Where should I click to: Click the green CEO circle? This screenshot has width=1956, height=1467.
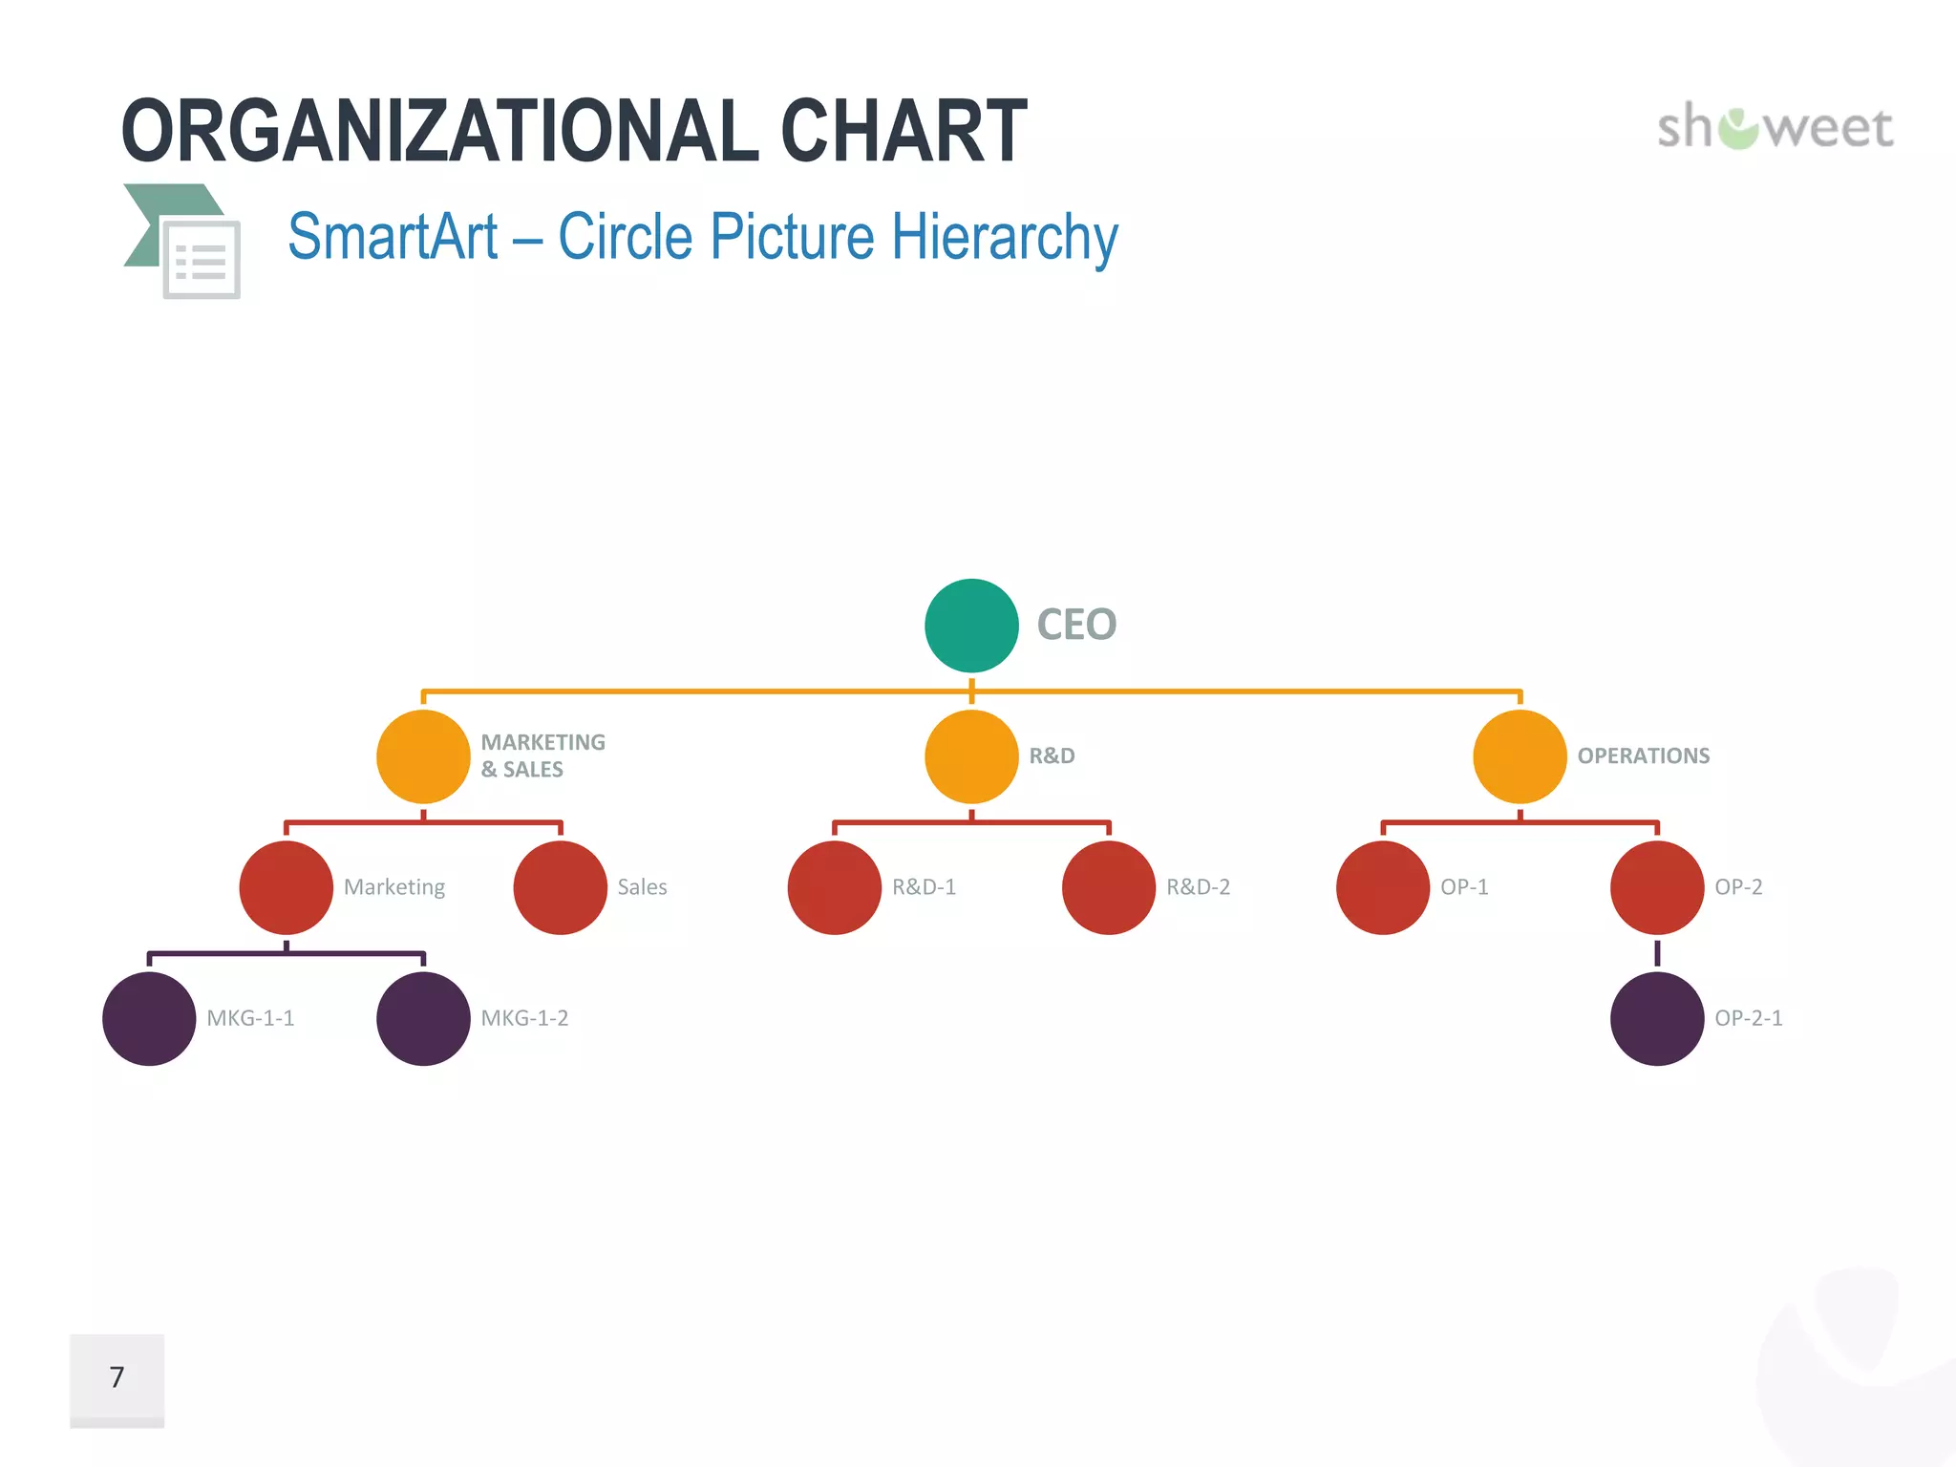click(x=971, y=626)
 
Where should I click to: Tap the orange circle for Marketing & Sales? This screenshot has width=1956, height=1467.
click(x=423, y=756)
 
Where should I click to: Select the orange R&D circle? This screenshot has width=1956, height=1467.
click(x=971, y=756)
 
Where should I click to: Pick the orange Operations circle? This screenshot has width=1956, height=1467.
click(x=1520, y=756)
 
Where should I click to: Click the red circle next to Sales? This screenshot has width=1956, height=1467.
click(x=561, y=887)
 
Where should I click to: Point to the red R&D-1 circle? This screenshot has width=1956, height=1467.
click(x=835, y=887)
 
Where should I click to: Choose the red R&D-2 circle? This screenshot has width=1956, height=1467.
click(x=1109, y=887)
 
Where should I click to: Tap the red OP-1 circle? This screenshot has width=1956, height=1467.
click(x=1383, y=887)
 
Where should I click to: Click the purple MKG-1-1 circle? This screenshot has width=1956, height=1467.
click(x=149, y=1018)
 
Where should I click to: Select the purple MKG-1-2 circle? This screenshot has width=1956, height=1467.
click(x=423, y=1018)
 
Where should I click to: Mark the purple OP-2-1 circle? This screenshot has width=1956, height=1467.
click(x=1657, y=1018)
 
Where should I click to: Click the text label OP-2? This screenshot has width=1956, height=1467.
click(x=1738, y=887)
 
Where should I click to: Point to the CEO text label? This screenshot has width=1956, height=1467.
click(x=1076, y=626)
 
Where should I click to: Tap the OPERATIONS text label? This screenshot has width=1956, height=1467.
click(x=1643, y=756)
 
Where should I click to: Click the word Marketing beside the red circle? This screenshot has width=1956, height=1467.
click(x=394, y=887)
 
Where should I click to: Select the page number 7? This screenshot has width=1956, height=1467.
click(x=117, y=1377)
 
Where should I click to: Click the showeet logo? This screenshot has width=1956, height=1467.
click(x=1775, y=127)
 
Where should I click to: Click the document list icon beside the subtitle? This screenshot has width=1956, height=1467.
click(x=201, y=258)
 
